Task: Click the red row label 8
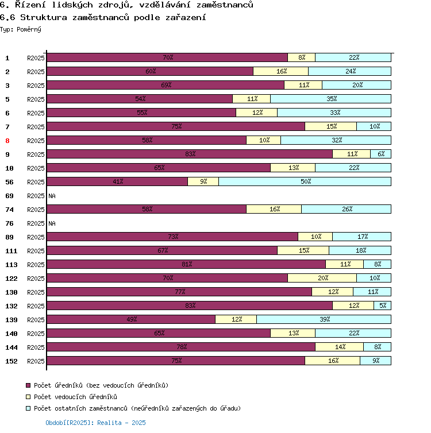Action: click(x=7, y=141)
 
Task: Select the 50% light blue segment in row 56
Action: click(x=305, y=181)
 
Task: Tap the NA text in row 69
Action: click(x=52, y=196)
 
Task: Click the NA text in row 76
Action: click(x=52, y=223)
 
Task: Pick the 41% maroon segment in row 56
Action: click(x=117, y=181)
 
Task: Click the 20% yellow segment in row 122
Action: click(x=322, y=278)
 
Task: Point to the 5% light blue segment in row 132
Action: click(x=383, y=306)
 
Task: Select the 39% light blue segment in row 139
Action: click(x=324, y=319)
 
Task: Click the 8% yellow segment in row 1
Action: click(x=301, y=57)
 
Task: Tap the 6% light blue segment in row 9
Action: click(x=380, y=154)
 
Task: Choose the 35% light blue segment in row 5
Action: click(x=330, y=99)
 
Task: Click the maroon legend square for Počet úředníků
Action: click(x=28, y=385)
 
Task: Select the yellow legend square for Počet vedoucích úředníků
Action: click(x=28, y=397)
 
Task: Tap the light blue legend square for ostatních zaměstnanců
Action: click(x=28, y=408)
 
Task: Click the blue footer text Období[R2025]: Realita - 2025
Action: click(x=95, y=423)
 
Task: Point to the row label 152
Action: click(x=11, y=361)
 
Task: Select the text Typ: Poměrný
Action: click(x=21, y=29)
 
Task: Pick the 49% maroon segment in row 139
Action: click(x=131, y=319)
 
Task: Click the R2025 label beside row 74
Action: click(x=36, y=210)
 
